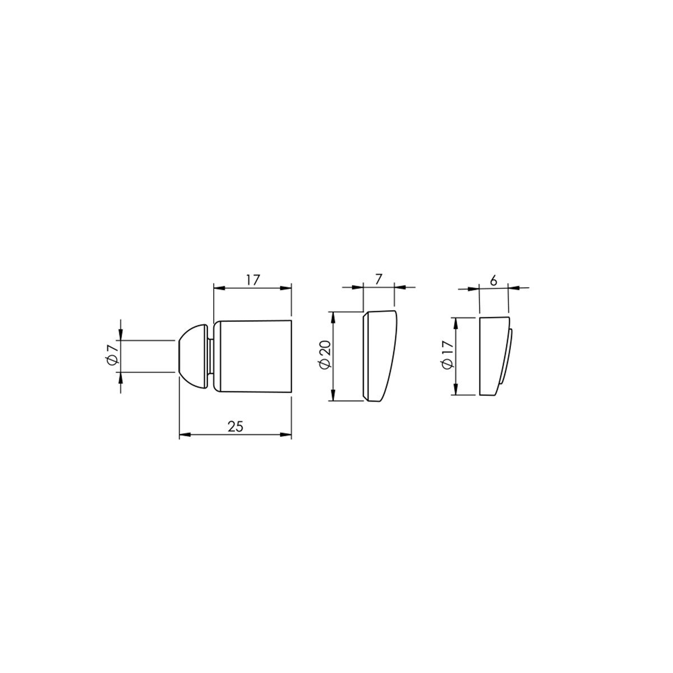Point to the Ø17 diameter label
coord(448,355)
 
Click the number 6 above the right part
coord(494,282)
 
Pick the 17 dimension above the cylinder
coord(253,280)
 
